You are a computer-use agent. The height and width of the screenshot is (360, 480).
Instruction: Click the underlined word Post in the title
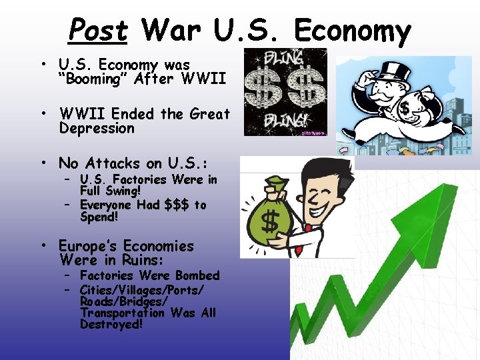[99, 31]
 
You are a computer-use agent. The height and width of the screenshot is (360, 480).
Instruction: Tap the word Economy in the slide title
[352, 31]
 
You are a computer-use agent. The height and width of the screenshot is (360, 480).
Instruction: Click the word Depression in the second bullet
[97, 128]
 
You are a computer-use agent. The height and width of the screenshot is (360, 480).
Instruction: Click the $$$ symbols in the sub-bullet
[175, 205]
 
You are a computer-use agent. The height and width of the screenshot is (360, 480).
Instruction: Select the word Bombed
[197, 275]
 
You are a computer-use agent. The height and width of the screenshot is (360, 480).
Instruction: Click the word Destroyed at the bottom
[111, 325]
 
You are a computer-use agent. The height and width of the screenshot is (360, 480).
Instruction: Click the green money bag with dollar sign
[268, 220]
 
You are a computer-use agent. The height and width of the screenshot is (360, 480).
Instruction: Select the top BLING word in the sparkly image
[282, 59]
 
